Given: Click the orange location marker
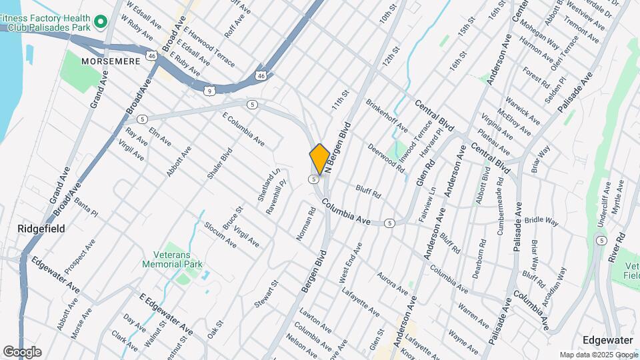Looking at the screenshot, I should [x=319, y=159].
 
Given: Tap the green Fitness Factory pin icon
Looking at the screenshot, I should [x=101, y=23].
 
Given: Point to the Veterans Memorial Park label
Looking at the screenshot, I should [x=171, y=259].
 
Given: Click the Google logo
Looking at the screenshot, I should [x=22, y=351].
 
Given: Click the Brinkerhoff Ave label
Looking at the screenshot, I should [x=387, y=114].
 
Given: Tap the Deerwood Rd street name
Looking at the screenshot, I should [x=386, y=158].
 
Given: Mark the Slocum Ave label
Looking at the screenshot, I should [x=220, y=235].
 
